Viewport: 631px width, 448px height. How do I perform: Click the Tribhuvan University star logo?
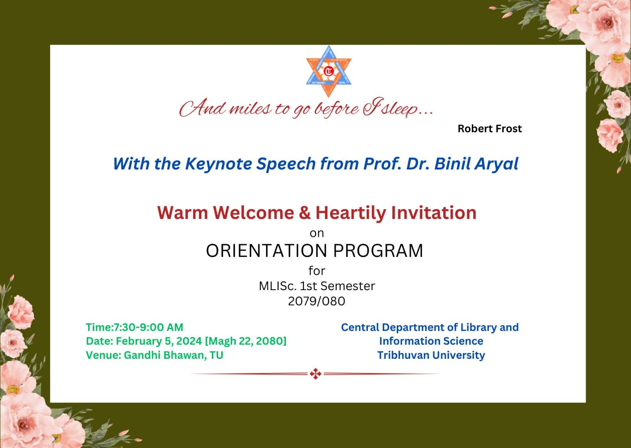click(x=329, y=71)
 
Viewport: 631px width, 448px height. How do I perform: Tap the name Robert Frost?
click(x=489, y=129)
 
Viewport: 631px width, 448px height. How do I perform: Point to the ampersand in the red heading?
click(x=305, y=213)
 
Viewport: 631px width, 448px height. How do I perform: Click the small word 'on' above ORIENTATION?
click(x=317, y=233)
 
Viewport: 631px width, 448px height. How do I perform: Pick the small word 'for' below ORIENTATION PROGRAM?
click(x=317, y=271)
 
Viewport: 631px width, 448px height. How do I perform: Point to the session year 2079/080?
click(x=316, y=301)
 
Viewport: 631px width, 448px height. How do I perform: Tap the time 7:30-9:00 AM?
click(x=148, y=327)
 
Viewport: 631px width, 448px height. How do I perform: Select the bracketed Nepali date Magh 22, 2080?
click(x=246, y=341)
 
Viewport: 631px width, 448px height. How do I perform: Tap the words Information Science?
click(x=431, y=341)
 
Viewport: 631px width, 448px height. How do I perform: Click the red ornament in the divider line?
click(x=315, y=374)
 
